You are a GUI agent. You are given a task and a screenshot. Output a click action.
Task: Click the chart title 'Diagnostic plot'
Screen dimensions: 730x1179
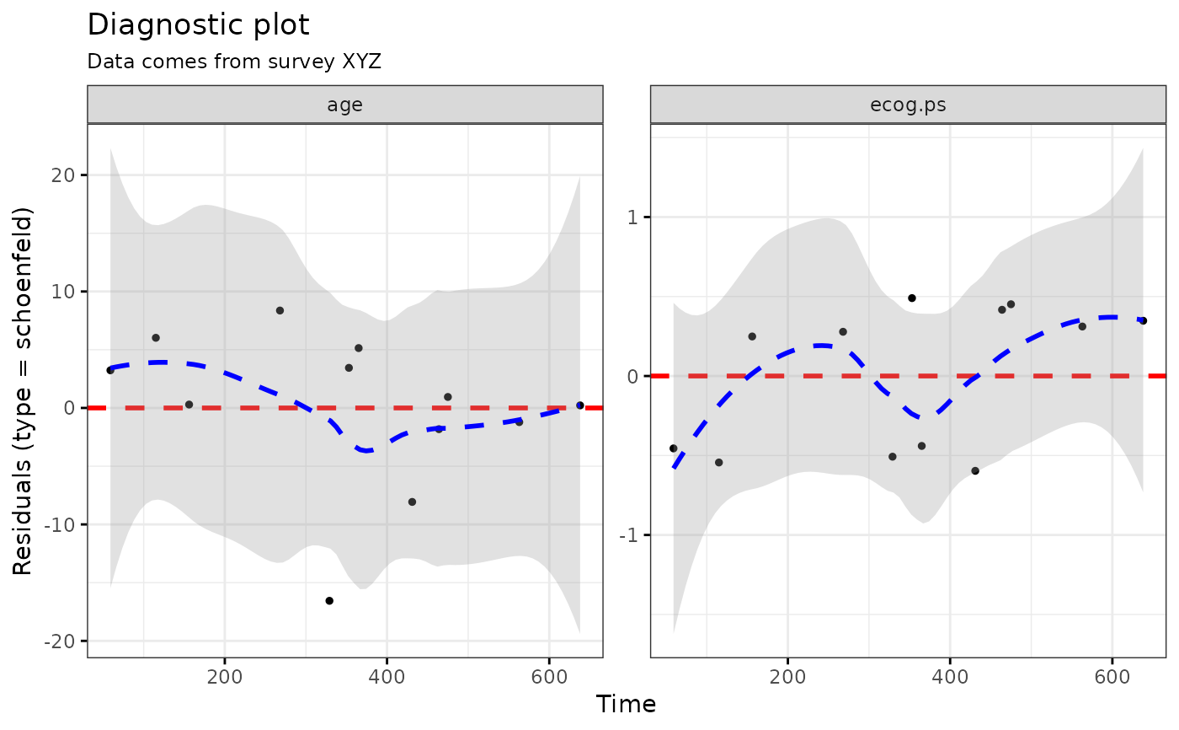coord(199,25)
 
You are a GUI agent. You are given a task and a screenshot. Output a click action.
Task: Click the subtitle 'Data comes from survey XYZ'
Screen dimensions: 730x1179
coord(234,62)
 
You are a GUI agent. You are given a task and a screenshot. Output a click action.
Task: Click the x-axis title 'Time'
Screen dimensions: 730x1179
coord(626,704)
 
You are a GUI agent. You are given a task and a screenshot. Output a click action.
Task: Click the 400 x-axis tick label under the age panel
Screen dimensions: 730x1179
coord(387,677)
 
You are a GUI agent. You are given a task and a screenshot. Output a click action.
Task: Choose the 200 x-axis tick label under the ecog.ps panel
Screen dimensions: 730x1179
coord(787,677)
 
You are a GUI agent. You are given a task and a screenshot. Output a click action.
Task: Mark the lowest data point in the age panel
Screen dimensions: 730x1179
coord(329,601)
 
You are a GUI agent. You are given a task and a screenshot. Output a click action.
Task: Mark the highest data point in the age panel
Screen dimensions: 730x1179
coord(280,310)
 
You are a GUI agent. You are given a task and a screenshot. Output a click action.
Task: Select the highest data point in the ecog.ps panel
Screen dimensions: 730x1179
coord(911,298)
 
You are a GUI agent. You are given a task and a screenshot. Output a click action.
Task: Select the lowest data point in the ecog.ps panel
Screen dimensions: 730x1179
coord(975,470)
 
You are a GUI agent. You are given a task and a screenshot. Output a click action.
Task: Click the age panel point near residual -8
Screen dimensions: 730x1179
coord(412,502)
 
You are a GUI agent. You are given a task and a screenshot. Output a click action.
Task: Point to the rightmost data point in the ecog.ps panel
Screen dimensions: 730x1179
coord(1143,320)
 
